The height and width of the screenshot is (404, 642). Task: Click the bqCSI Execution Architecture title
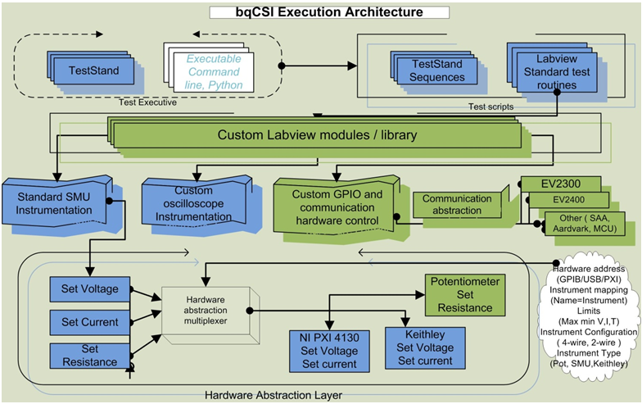tap(328, 12)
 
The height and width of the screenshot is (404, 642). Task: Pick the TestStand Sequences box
tap(437, 70)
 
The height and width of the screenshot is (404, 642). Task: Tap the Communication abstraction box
tap(452, 204)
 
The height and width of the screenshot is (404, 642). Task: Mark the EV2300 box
tap(561, 183)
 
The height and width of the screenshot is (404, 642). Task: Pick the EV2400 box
tap(567, 199)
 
